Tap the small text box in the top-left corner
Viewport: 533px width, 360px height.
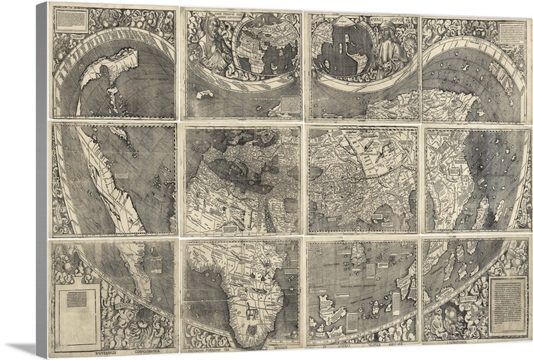point(69,21)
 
